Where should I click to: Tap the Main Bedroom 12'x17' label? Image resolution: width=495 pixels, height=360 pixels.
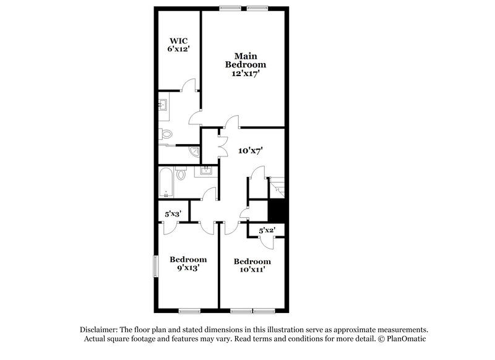(x=246, y=64)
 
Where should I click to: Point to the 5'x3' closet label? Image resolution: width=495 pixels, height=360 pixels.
(x=172, y=214)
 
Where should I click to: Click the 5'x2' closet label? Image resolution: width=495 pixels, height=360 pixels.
(x=267, y=230)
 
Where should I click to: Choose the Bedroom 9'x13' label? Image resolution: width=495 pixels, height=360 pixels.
(x=188, y=264)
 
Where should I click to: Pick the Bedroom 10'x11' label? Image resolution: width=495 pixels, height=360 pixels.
(x=252, y=265)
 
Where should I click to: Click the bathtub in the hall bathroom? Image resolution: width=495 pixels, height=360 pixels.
(x=166, y=182)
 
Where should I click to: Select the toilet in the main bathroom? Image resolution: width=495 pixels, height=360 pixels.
(x=164, y=133)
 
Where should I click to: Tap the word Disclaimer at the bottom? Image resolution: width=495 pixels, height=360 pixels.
(x=98, y=330)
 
